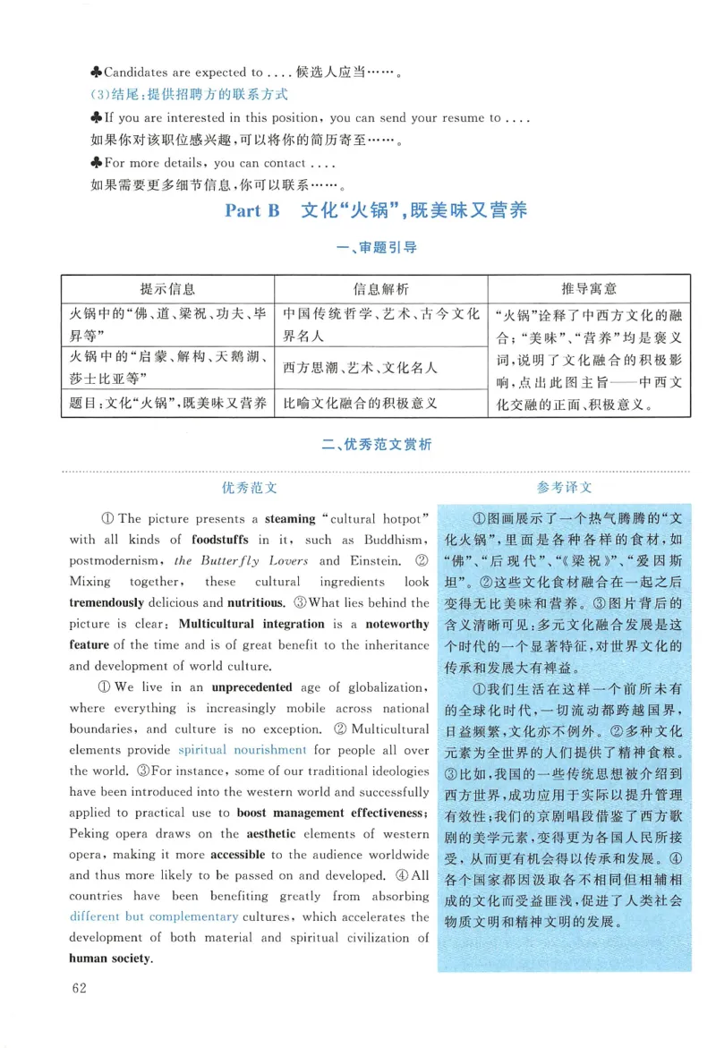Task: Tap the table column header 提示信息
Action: pos(167,289)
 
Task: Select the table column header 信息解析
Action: pos(381,289)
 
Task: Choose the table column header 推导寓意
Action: pos(589,289)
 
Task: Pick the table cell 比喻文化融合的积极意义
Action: pos(360,403)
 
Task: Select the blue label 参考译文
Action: pos(564,488)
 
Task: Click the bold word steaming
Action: pos(290,519)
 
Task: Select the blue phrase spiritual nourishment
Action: pos(242,750)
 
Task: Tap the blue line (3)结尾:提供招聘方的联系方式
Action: pos(190,95)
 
